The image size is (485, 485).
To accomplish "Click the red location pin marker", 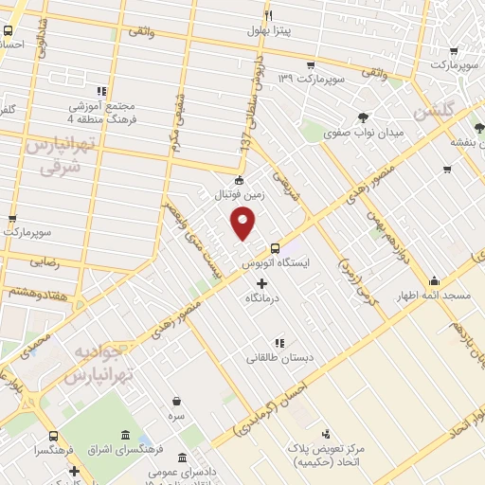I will (x=243, y=223).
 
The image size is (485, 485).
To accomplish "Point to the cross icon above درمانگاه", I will (x=262, y=283).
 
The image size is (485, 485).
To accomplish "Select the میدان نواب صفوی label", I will (x=363, y=134).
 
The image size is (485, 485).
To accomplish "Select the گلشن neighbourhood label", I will (x=459, y=111).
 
